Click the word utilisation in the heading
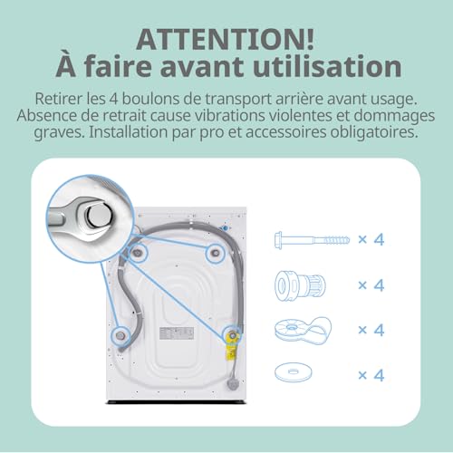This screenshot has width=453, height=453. (x=322, y=66)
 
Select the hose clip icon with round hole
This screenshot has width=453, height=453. (x=305, y=328)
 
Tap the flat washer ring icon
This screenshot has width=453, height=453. (x=305, y=371)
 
